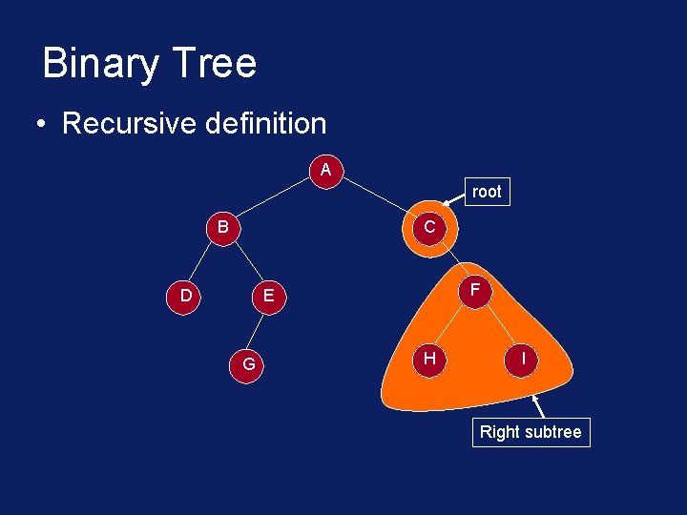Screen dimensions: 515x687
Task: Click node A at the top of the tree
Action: (x=326, y=171)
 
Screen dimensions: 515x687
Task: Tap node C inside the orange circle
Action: (x=429, y=228)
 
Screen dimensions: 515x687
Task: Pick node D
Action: (x=185, y=296)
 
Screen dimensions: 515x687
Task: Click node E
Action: (x=268, y=297)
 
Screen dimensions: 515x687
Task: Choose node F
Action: (x=475, y=288)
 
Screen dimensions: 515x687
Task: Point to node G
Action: (x=248, y=363)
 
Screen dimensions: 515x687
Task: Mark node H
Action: (x=430, y=358)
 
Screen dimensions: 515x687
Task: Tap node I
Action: (x=522, y=358)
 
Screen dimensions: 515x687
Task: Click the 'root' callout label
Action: (x=486, y=192)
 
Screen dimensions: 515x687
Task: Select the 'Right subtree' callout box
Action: (x=531, y=432)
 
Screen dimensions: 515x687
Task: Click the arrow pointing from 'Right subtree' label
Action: (x=543, y=407)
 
